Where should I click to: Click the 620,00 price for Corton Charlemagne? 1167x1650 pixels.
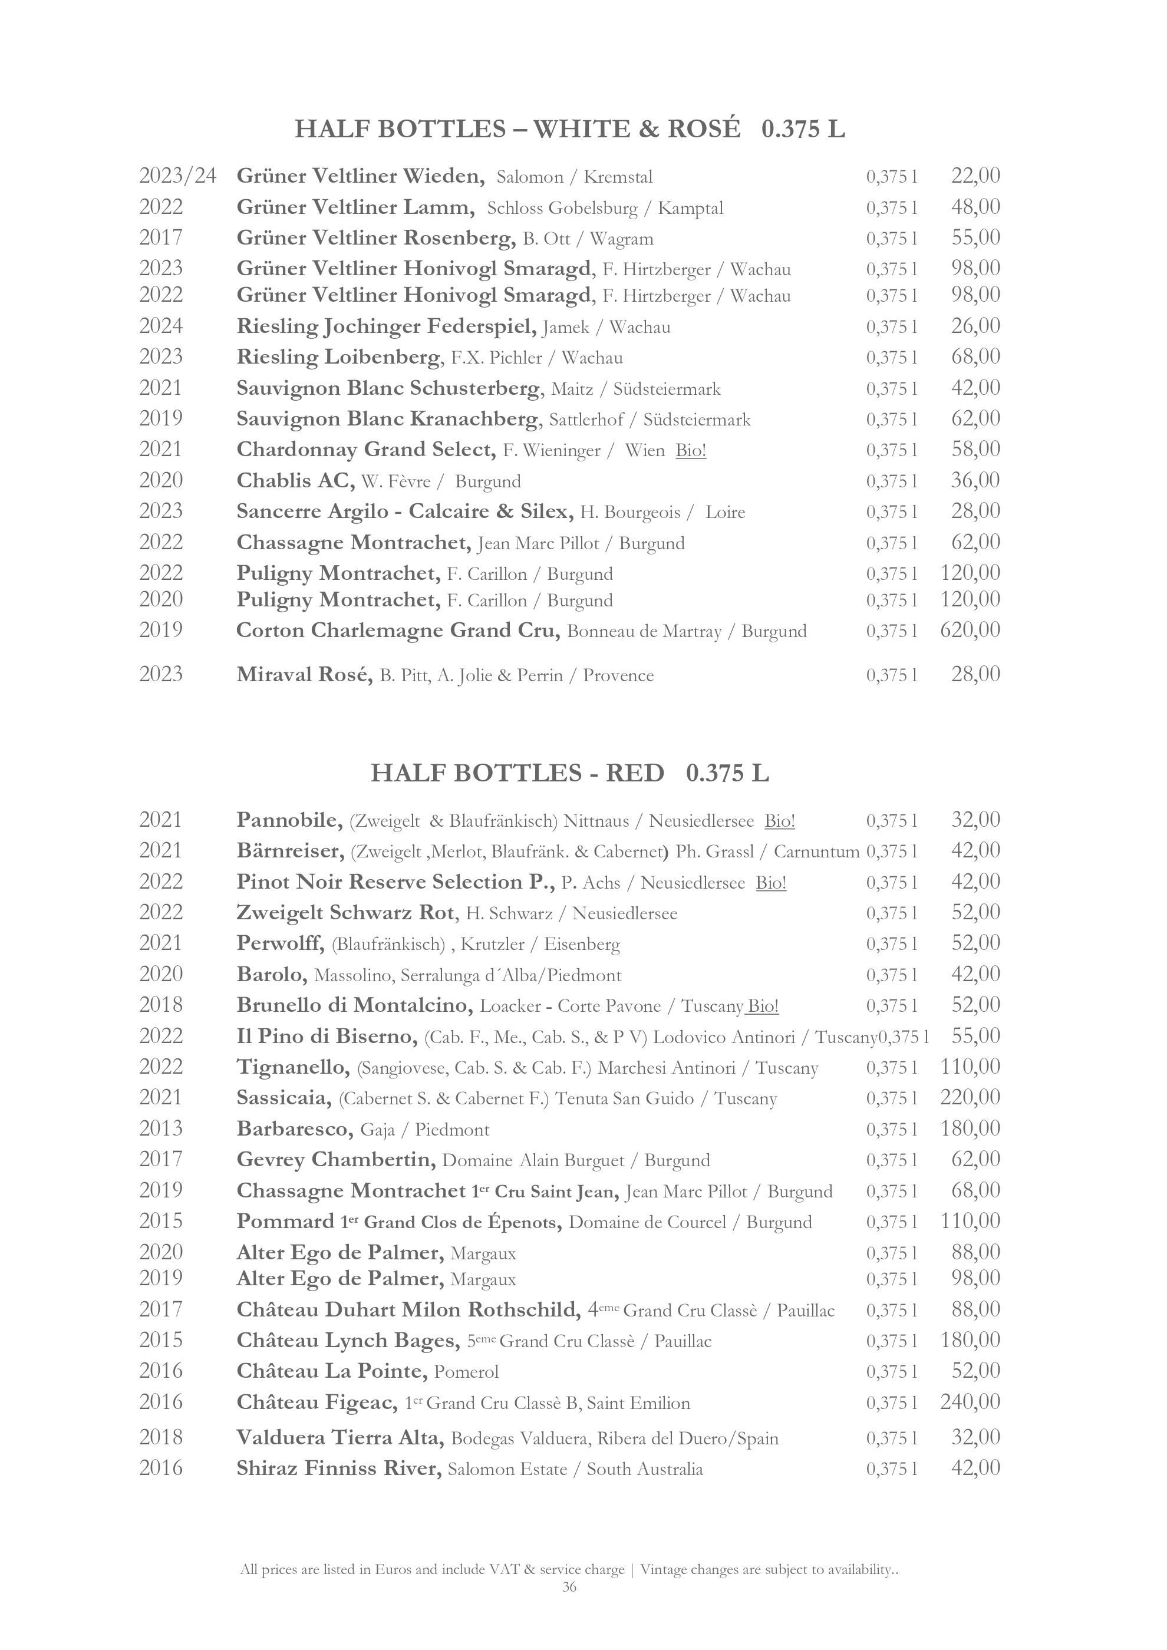coord(970,631)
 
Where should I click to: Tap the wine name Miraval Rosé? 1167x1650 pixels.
coord(304,675)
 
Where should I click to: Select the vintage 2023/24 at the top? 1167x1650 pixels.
coord(177,176)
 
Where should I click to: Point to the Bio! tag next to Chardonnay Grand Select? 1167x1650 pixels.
coord(691,451)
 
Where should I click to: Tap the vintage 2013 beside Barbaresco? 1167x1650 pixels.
coord(161,1129)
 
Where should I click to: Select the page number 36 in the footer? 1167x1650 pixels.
coord(569,1607)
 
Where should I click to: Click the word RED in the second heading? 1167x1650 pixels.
coord(635,773)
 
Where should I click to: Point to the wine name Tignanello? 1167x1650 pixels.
coord(293,1067)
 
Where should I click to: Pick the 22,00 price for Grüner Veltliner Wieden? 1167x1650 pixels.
coord(975,176)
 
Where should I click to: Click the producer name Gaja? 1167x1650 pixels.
coord(377,1130)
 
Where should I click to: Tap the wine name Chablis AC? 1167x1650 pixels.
coord(295,481)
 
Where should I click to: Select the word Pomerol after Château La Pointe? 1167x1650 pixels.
coord(466,1372)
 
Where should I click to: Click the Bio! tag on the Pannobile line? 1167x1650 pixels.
coord(780,821)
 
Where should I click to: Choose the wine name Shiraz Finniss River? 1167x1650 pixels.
coord(338,1468)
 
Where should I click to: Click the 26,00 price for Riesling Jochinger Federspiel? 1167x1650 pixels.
coord(975,326)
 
